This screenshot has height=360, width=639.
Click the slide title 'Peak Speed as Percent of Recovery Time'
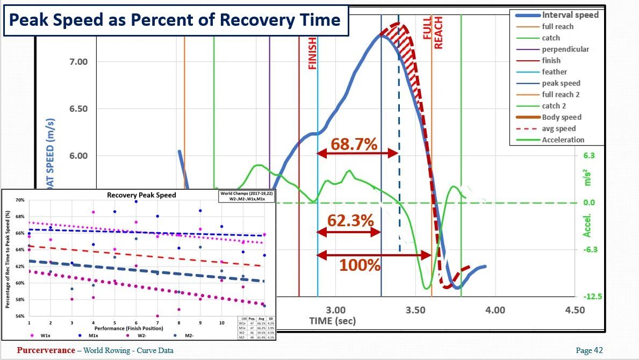pos(175,20)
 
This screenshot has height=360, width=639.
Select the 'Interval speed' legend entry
pos(570,15)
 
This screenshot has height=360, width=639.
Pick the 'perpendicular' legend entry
pos(565,49)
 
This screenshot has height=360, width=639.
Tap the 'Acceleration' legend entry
pos(563,140)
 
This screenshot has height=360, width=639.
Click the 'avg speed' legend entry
pos(558,128)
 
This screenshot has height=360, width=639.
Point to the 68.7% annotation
pos(354,144)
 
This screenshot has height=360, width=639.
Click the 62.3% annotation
pos(351,221)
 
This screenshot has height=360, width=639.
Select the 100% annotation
pos(360,265)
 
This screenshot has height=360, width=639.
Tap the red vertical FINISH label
pos(312,54)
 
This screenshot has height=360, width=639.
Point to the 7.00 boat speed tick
pos(78,62)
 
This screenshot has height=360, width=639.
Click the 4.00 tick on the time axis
pos(495,310)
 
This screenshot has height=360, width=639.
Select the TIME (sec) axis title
pos(332,321)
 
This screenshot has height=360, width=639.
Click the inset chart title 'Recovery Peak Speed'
pos(141,195)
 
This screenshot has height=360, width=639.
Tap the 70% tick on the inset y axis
pos(20,200)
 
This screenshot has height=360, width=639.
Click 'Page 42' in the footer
pos(589,351)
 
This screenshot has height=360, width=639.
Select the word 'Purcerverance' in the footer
pos(46,350)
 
